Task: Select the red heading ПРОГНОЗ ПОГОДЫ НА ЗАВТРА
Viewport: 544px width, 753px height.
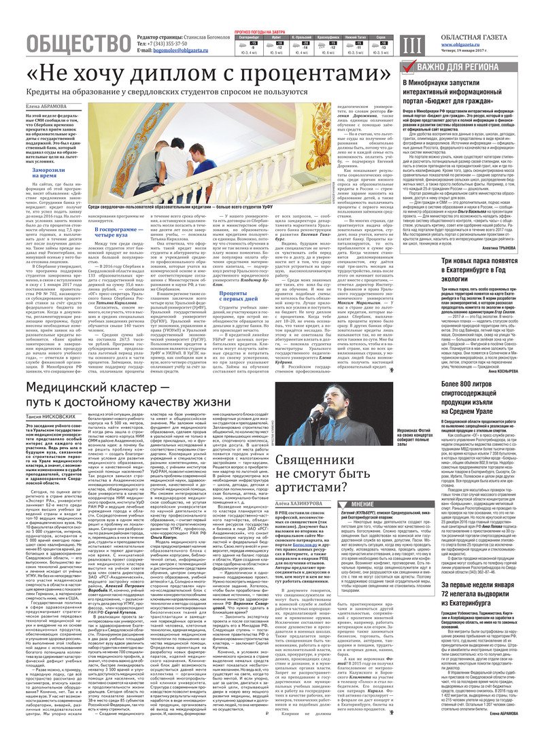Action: [261, 31]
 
